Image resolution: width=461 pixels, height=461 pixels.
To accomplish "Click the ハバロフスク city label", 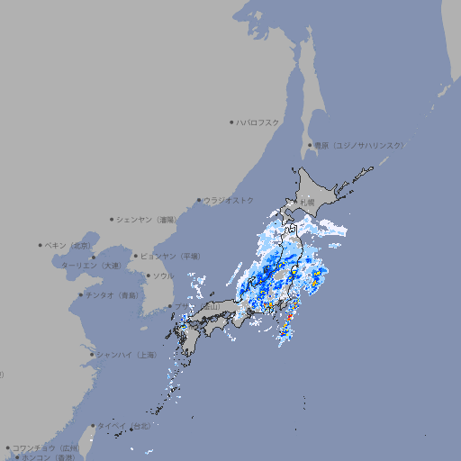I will (x=258, y=122).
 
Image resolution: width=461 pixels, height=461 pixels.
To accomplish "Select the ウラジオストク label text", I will (x=230, y=200).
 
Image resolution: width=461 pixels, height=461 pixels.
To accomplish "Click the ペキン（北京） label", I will (x=70, y=245).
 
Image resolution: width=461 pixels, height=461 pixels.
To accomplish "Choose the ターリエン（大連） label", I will (x=91, y=267).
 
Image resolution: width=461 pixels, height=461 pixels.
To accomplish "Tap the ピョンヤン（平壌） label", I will (x=171, y=256).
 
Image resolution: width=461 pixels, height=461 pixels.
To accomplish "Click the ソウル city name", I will (x=163, y=276).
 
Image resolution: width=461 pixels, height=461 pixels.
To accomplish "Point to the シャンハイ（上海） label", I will (x=127, y=355).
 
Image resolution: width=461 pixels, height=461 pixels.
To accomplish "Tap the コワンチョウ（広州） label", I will (x=47, y=447).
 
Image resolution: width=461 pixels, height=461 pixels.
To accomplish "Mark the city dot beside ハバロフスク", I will (x=231, y=122).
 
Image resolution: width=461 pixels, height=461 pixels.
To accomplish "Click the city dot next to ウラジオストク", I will (x=199, y=200).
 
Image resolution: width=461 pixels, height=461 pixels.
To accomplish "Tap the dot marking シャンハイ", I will (x=92, y=355).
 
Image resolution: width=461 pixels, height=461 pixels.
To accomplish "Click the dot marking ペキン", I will (x=41, y=245).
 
